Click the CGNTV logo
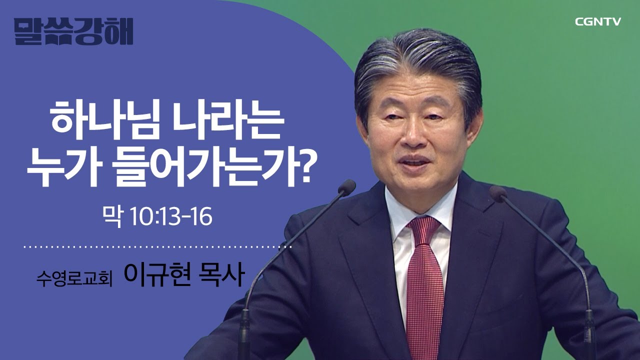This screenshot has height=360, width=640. coord(597,22)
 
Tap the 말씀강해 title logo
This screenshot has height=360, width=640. coord(73,31)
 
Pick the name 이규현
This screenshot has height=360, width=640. coord(163,275)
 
